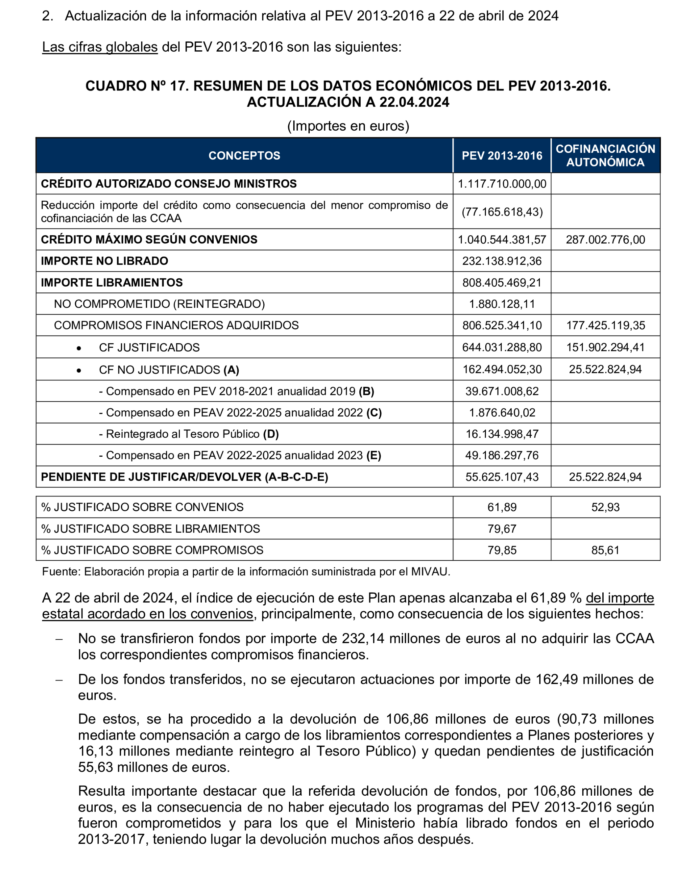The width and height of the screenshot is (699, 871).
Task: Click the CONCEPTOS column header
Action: [244, 156]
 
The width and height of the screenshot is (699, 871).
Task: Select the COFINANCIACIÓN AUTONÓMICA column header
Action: [605, 156]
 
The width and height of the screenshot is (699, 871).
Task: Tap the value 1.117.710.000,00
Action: [502, 184]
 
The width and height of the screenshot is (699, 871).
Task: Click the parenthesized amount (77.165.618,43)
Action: [502, 212]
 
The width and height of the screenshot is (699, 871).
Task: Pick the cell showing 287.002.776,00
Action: [605, 240]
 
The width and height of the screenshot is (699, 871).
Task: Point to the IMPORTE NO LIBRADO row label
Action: [105, 261]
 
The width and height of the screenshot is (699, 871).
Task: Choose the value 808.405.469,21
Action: [502, 282]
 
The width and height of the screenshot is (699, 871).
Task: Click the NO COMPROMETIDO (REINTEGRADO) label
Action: [159, 304]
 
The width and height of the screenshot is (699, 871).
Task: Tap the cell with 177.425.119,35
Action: [605, 325]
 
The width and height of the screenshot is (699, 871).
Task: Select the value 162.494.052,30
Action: [502, 369]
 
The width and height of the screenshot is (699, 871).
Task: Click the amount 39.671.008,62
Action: [502, 391]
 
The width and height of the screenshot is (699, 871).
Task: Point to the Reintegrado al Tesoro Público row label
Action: [188, 434]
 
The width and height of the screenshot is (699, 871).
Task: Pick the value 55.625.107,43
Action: [502, 477]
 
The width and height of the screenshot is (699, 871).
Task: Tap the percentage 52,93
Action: [605, 507]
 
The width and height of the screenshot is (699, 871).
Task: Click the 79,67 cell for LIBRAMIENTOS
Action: [502, 528]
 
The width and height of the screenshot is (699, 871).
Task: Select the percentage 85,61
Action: [605, 550]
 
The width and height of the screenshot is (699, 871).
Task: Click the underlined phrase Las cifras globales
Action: [100, 47]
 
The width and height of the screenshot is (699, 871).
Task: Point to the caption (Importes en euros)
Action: [348, 126]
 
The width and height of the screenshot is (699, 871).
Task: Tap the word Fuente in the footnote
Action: [60, 572]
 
